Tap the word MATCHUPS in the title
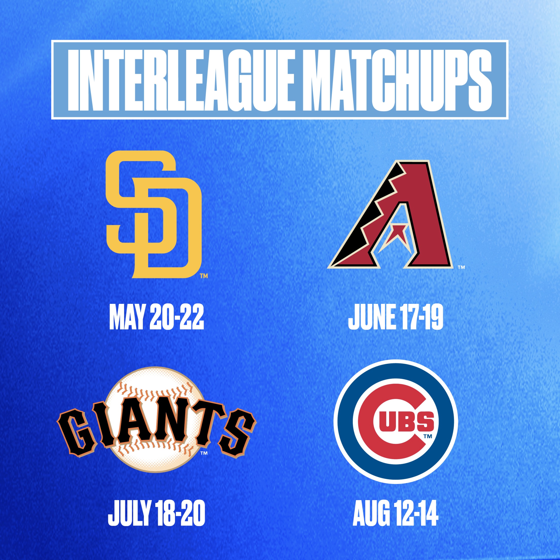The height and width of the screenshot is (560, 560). pos(397,80)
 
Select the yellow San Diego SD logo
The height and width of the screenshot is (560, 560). pos(154,215)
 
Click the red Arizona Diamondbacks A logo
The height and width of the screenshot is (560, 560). pos(390,215)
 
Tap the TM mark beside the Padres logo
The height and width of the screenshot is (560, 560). pos(204,276)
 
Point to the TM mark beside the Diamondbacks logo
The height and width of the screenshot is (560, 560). pos(461,267)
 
